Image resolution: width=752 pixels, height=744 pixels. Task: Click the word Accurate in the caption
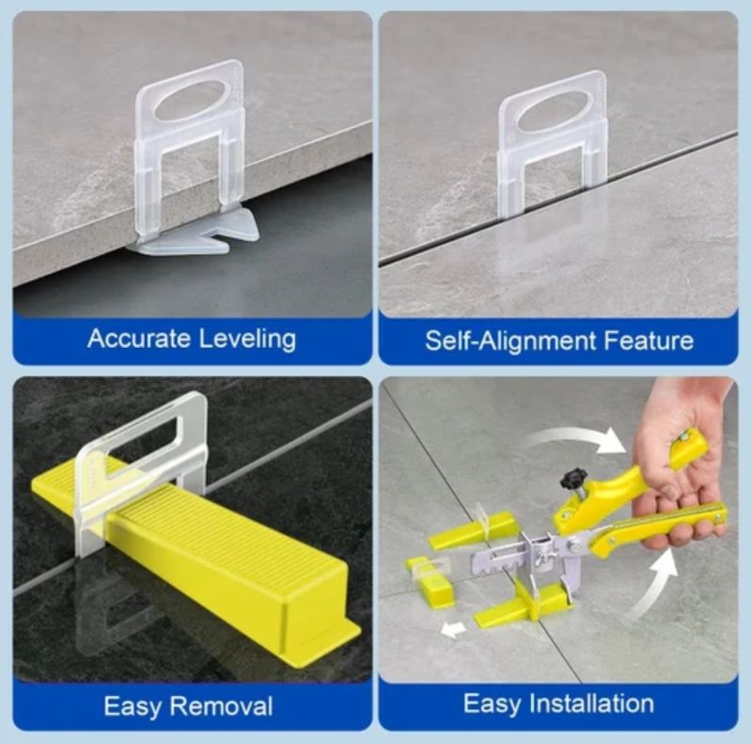click(139, 339)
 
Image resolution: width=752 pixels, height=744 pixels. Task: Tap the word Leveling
click(247, 340)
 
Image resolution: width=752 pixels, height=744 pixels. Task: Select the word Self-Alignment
click(510, 340)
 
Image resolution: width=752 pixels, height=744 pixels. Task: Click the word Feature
click(649, 340)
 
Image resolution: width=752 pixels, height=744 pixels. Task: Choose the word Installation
click(592, 704)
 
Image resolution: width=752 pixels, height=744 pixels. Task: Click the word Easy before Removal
click(133, 707)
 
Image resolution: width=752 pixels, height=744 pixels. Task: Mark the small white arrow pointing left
click(453, 630)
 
